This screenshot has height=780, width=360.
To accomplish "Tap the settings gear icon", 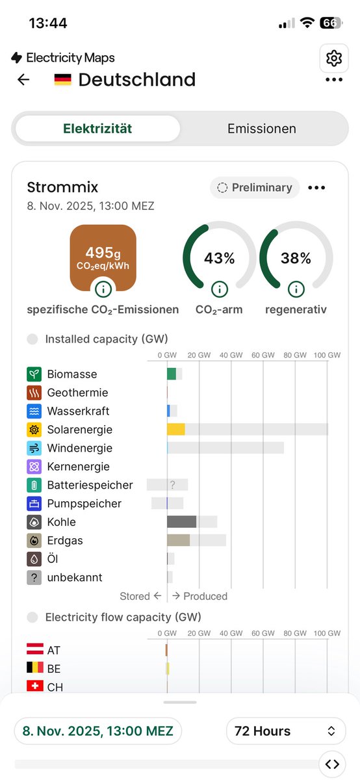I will point(334,58).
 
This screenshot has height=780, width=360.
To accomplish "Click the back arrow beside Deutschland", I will point(23,80).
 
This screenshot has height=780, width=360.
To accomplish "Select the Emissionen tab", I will point(261,129).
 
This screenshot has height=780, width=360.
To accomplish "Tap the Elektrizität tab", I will point(97,129).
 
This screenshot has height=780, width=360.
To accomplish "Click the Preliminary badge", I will point(255,188).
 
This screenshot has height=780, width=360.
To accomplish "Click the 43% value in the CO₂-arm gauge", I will point(220,258).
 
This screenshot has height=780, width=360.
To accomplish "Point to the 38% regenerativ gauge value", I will point(296,258).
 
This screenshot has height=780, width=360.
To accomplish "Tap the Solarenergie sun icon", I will point(34,430).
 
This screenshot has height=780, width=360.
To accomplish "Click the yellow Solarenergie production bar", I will point(176,430).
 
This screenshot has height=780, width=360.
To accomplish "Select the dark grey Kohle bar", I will point(182,522).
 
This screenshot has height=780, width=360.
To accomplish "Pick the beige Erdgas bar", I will point(179,540).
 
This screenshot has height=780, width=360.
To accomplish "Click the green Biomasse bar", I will point(172,374).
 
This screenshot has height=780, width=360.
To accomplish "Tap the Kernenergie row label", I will point(78,467).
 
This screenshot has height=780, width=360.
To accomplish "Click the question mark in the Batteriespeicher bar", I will point(173,485).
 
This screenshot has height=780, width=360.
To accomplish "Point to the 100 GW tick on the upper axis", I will point(327,356).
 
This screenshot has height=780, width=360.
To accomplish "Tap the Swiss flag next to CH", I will point(34,686).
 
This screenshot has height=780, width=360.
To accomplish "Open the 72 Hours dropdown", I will point(285,731).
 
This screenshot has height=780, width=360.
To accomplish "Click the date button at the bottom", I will point(98,731).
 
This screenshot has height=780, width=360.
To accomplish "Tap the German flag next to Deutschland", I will point(63,80).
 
